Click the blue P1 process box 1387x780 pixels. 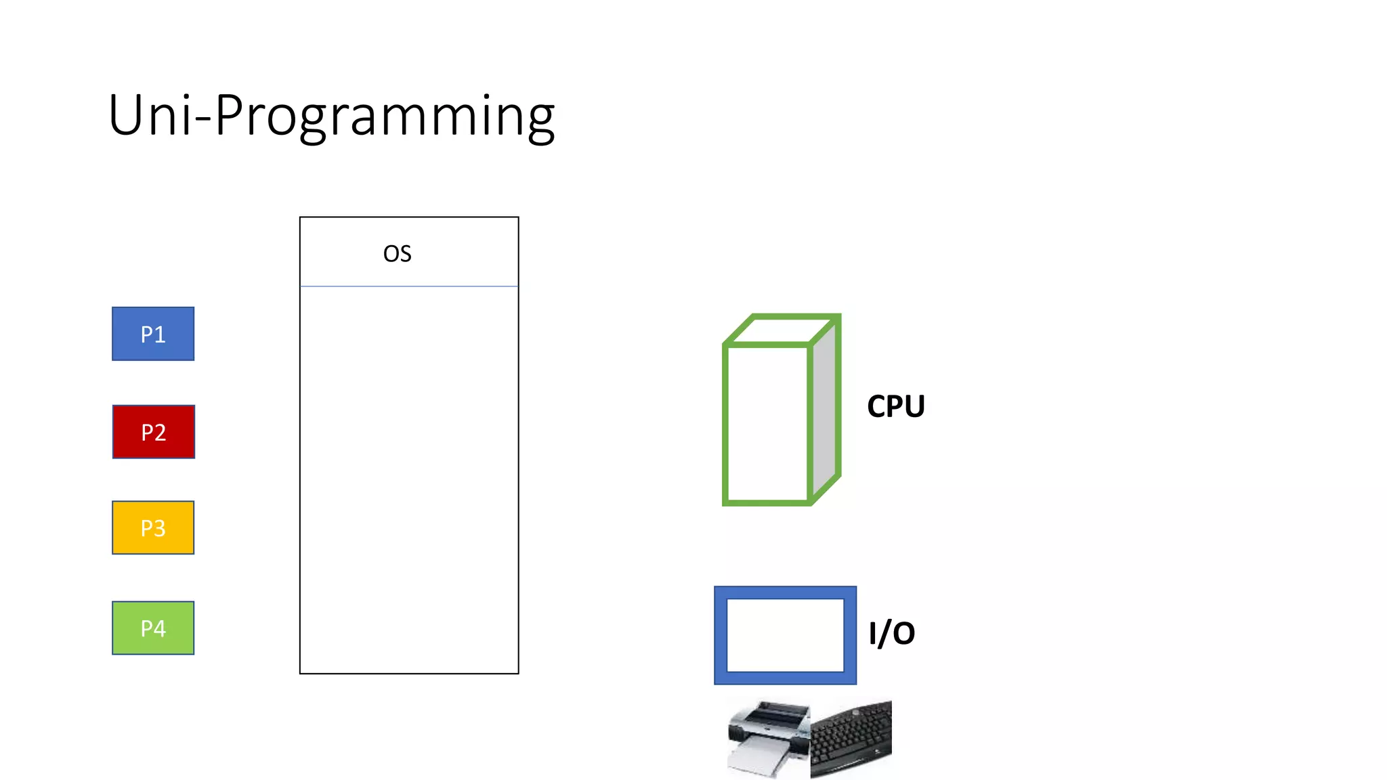pos(153,334)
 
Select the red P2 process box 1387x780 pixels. pos(154,432)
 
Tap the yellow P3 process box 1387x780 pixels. pos(153,527)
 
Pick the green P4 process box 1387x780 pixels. pos(153,628)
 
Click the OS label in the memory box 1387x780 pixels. pos(397,254)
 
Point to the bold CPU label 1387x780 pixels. pos(895,406)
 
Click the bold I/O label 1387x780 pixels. pos(891,633)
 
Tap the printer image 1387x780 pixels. pos(769,738)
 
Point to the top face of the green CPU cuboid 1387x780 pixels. pos(782,330)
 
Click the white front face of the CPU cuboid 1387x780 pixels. pos(767,423)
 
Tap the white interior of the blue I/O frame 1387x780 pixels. pos(785,635)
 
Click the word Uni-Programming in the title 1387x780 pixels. pos(331,115)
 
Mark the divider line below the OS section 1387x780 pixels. pos(409,286)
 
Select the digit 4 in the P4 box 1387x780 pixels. pos(160,628)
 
